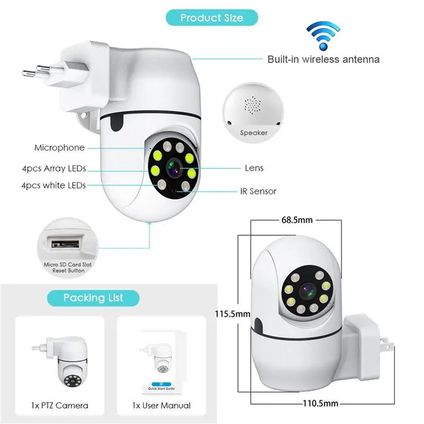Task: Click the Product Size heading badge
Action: [211, 17]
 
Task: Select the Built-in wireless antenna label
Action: [323, 59]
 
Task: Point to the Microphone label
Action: [59, 148]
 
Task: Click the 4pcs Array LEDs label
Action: [54, 169]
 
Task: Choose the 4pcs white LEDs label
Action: [54, 185]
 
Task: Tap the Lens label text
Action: [254, 168]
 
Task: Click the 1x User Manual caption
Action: [161, 405]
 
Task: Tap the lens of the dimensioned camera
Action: [307, 290]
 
